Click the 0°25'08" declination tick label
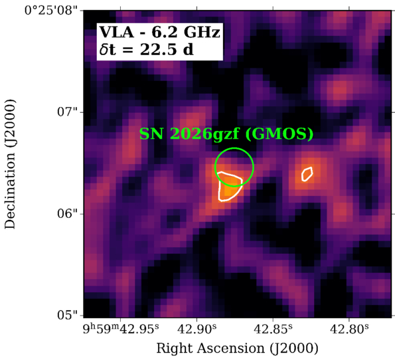tap(51, 11)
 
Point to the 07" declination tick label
tap(68, 112)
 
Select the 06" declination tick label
tap(68, 214)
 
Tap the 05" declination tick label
tap(68, 315)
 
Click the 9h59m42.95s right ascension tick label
tap(121, 329)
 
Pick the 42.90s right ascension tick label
tap(197, 329)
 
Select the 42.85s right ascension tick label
tap(273, 329)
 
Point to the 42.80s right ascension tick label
tap(349, 329)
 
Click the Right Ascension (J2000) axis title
tap(237, 349)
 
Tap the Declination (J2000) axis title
tap(10, 164)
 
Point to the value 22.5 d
tap(167, 50)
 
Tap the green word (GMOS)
tap(279, 134)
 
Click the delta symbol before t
tap(104, 49)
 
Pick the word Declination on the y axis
tap(10, 189)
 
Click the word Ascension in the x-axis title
tap(231, 349)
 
